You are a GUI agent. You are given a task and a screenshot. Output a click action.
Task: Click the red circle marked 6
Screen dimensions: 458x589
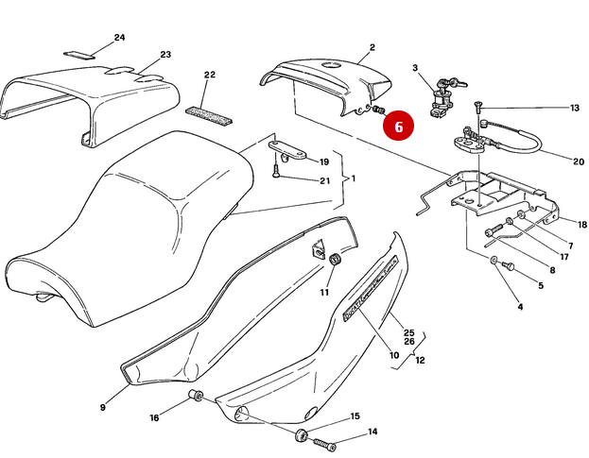[398, 124]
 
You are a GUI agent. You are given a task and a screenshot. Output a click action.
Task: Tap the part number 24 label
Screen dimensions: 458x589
[119, 38]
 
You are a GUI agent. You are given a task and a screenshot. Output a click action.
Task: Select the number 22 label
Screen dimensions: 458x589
[210, 75]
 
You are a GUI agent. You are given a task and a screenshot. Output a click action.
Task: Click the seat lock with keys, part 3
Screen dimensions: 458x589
[442, 98]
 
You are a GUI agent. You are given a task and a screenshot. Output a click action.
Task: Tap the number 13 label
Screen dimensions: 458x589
[574, 108]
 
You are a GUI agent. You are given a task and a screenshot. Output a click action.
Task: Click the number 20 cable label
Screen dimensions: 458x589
[579, 161]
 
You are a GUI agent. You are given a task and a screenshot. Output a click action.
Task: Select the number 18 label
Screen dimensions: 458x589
[582, 225]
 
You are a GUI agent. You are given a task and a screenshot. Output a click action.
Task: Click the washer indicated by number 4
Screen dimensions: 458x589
[496, 259]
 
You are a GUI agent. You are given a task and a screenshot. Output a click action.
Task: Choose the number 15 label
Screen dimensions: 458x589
[355, 416]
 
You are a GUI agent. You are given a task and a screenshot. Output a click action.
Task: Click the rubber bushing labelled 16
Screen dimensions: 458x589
[197, 395]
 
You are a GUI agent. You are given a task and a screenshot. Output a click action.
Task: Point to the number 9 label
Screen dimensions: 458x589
[103, 408]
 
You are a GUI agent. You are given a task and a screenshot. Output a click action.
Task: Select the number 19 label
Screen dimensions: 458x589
[323, 161]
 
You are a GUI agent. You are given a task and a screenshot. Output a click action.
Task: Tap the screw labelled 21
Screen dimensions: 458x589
[275, 171]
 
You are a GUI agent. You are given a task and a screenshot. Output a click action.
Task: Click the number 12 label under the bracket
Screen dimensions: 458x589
[421, 360]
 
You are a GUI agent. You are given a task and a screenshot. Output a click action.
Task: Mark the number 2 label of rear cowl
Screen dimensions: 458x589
[372, 47]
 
